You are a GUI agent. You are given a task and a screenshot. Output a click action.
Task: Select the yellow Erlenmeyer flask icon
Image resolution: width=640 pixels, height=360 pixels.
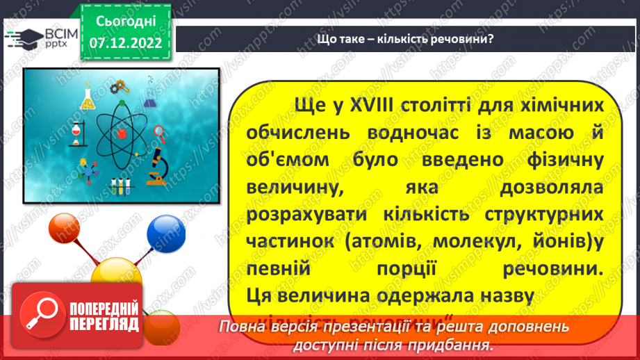(x=88, y=99)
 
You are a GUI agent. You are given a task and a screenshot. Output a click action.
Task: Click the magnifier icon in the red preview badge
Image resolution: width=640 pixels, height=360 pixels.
(x=40, y=313)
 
